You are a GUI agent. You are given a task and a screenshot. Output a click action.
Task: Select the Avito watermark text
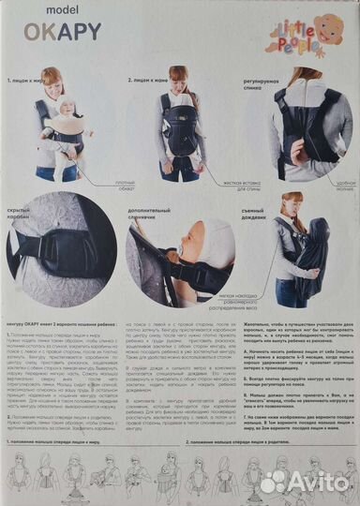[x=320, y=482]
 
